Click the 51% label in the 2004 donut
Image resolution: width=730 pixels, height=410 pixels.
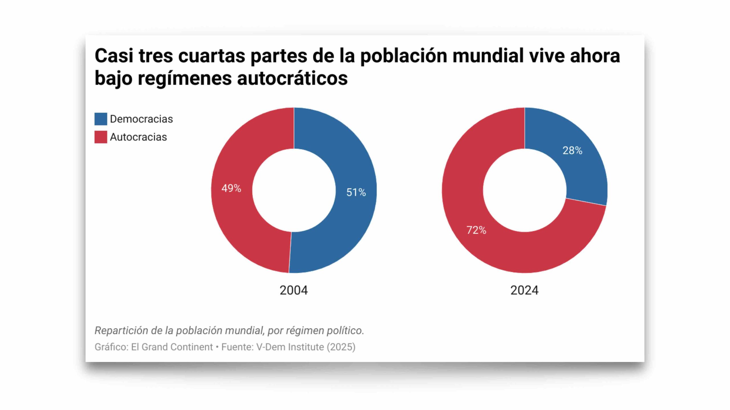click(x=356, y=192)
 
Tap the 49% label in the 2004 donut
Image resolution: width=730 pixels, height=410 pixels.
click(x=231, y=188)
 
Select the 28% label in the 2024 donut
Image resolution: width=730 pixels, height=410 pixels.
click(x=572, y=151)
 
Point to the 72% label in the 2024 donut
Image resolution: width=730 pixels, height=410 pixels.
click(x=476, y=230)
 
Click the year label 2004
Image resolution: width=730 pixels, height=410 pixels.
click(x=293, y=290)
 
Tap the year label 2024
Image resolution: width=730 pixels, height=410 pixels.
click(x=524, y=290)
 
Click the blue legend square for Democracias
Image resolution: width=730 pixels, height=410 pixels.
click(x=101, y=119)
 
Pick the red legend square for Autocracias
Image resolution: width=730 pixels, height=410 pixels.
click(x=101, y=137)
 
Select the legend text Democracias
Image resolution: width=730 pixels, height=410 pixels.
click(x=141, y=119)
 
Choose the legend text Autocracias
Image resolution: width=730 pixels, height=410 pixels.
click(x=138, y=137)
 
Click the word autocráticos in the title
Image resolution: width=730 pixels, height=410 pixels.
click(x=292, y=78)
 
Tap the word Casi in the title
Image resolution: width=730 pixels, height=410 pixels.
click(x=114, y=56)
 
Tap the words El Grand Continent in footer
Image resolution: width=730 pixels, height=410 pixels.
click(x=172, y=347)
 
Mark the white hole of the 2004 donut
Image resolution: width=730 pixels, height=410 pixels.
click(x=294, y=190)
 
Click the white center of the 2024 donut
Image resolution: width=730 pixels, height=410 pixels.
click(x=524, y=190)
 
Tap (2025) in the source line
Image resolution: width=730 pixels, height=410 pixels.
click(x=341, y=347)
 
